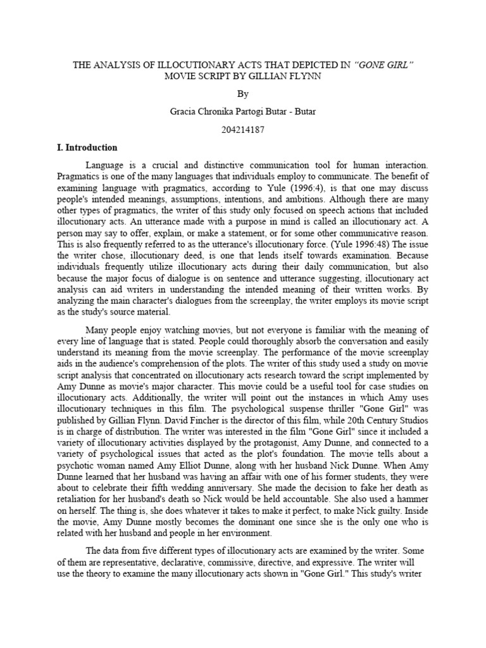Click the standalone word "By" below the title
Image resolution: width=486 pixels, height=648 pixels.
pos(244,94)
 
